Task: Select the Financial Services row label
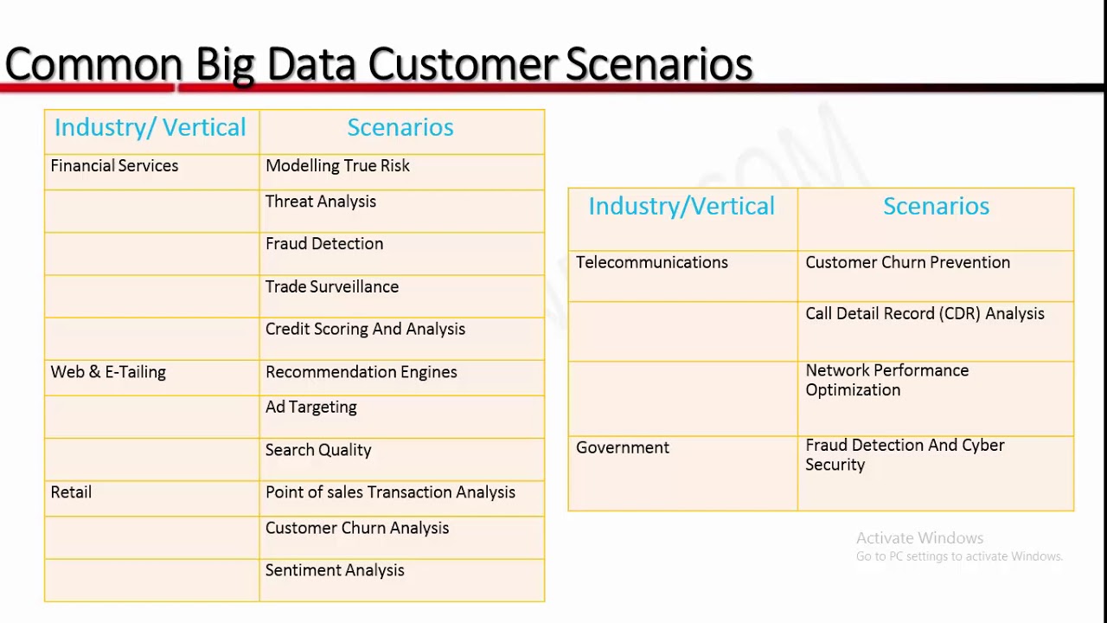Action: point(114,166)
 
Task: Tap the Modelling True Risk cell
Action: point(337,166)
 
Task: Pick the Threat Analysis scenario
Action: point(320,202)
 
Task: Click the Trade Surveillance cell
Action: point(331,287)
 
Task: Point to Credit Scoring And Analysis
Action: point(365,330)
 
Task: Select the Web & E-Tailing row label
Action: point(108,372)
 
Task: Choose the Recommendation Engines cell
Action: point(361,372)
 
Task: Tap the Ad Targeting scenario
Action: point(310,408)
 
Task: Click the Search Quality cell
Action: point(317,450)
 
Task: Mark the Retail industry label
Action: point(71,492)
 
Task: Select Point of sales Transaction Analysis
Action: point(390,492)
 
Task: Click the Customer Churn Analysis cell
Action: point(356,528)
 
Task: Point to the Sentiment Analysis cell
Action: point(335,570)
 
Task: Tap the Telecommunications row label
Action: point(651,263)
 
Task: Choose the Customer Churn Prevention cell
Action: point(907,263)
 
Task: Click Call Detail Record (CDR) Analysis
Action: point(925,314)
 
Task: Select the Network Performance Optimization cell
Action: point(886,380)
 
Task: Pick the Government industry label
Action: point(623,448)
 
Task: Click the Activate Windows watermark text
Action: point(919,538)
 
